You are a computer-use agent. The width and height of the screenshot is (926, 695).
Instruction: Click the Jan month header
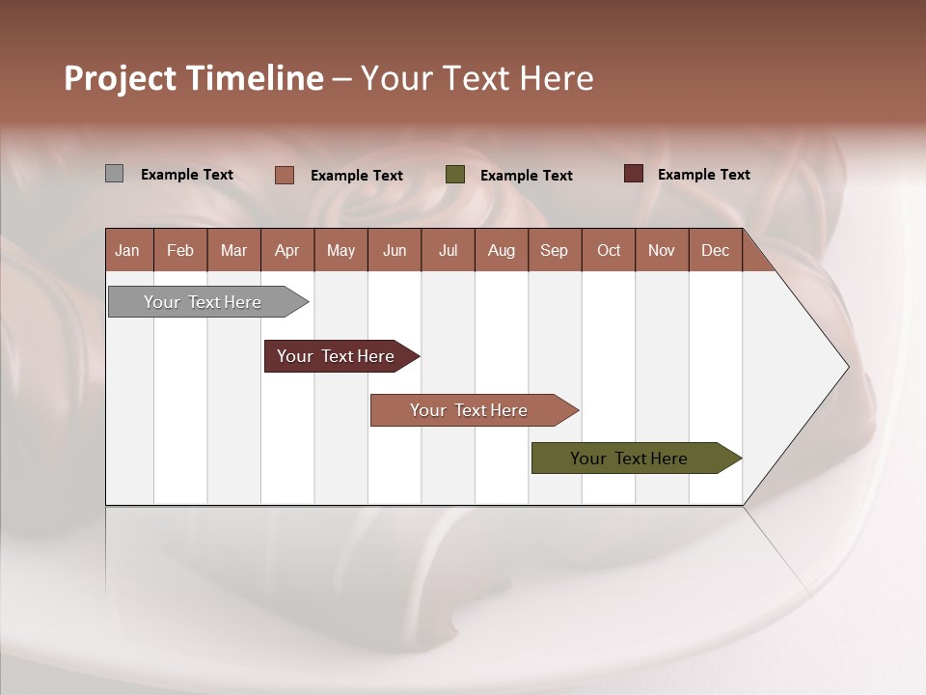point(128,250)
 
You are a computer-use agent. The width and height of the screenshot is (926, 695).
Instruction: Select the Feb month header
point(180,250)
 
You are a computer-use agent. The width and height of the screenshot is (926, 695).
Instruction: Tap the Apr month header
point(287,250)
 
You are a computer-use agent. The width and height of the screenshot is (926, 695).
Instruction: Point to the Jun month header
point(395,250)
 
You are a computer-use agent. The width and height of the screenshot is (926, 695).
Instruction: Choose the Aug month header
point(502,250)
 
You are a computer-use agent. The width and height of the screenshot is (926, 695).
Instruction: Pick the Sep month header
point(555,250)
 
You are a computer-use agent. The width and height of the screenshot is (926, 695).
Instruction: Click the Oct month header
point(609,250)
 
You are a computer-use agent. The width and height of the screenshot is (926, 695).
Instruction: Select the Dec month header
point(716,250)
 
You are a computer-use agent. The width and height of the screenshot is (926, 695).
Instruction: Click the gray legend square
point(115,174)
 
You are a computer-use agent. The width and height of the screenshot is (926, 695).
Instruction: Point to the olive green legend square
point(455,175)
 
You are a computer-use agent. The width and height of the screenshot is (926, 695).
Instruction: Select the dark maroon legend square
point(634,174)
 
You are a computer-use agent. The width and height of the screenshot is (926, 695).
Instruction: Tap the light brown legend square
point(285,175)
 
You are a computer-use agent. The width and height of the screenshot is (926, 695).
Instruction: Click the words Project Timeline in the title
point(194,78)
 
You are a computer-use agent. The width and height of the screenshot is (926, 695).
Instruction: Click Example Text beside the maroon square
point(703,175)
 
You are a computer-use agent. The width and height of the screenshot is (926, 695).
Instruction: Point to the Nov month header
point(662,250)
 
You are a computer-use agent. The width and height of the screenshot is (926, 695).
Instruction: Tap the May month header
point(340,250)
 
